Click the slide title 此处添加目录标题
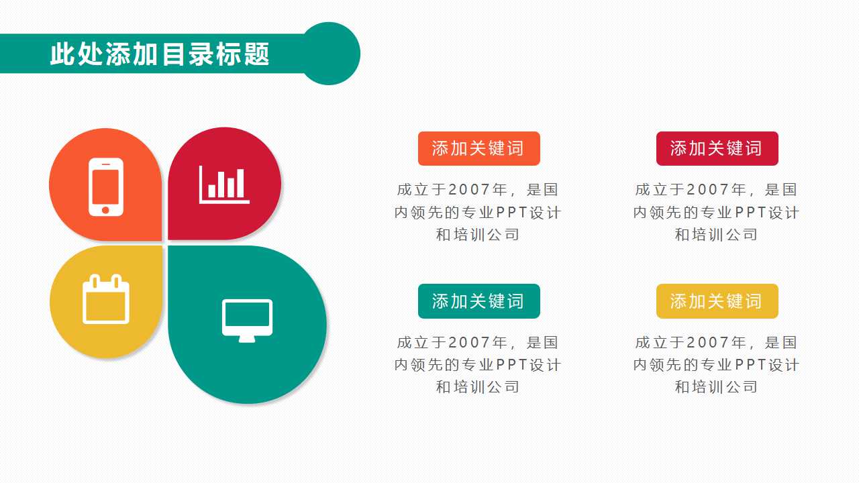pos(160,54)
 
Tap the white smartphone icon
pos(106,187)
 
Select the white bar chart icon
pos(224,184)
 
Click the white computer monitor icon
pos(247,319)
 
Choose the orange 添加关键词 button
pos(478,148)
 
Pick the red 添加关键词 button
pos(717,148)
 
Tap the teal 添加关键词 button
pos(478,301)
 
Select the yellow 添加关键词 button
pos(717,301)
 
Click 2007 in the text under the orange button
pos(469,191)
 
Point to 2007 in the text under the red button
pos(708,191)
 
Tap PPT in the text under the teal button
pos(511,366)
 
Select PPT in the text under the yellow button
pos(750,366)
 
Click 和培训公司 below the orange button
pos(478,235)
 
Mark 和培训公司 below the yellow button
pos(716,387)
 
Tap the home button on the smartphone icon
pos(105,210)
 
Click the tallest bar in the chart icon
pos(240,183)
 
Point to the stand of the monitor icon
pos(247,339)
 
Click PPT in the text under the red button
pos(750,213)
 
